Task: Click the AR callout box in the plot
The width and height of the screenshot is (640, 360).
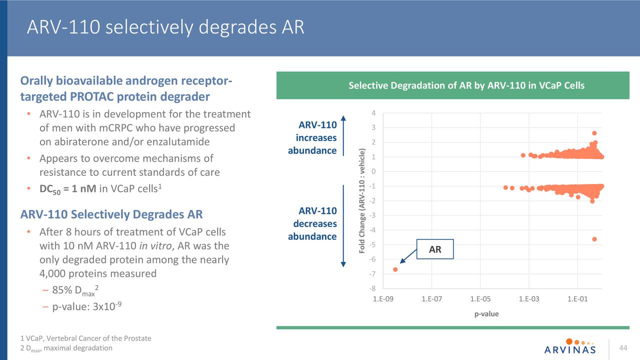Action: (x=435, y=249)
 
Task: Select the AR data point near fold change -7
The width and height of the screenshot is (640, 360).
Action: (x=395, y=269)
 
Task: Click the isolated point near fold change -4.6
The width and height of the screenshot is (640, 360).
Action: (x=594, y=239)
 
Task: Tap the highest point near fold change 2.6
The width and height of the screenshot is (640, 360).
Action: (x=594, y=133)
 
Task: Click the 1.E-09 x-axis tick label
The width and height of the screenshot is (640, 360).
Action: (x=383, y=299)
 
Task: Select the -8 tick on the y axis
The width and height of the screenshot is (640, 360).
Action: (x=372, y=288)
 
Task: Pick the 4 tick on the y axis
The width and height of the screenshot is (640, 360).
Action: (x=373, y=112)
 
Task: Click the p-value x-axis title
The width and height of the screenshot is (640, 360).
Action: (x=486, y=314)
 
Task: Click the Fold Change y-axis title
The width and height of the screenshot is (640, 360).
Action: (x=363, y=200)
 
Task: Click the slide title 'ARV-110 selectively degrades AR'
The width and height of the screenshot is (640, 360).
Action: (x=165, y=27)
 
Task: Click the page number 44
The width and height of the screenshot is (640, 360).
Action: (x=623, y=347)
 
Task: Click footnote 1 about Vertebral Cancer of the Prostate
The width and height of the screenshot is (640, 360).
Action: (x=85, y=338)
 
